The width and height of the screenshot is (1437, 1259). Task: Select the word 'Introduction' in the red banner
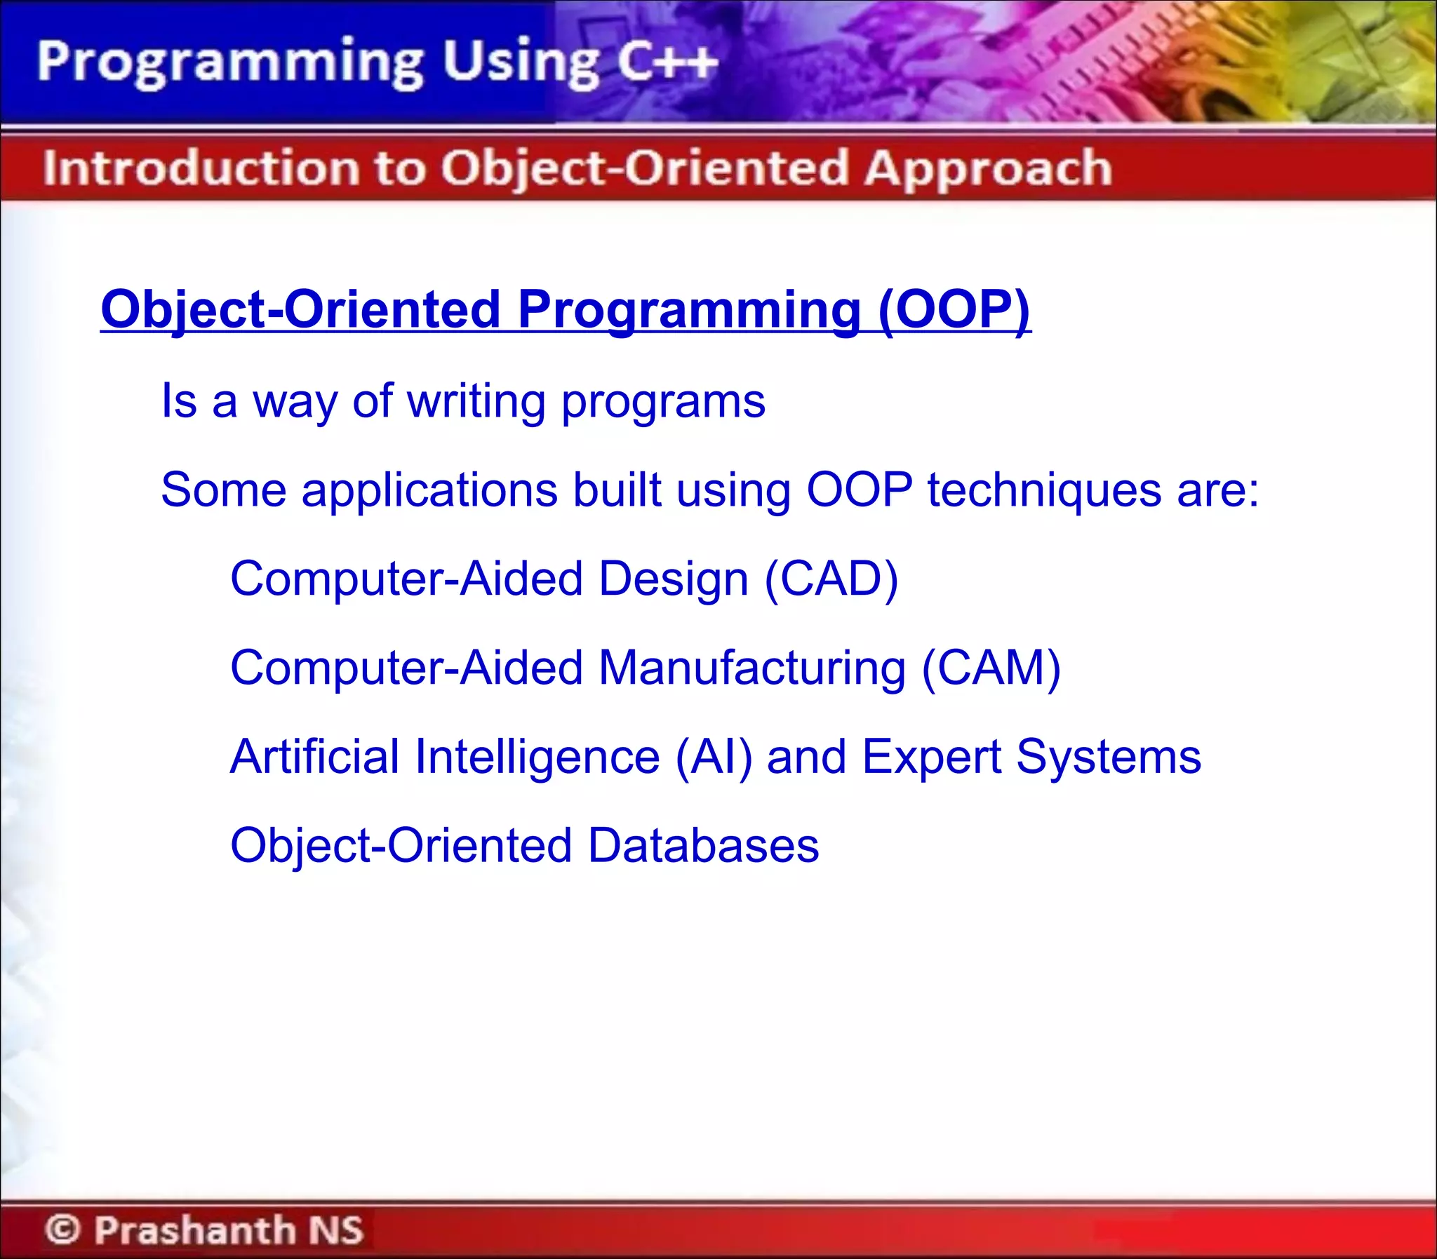click(x=199, y=168)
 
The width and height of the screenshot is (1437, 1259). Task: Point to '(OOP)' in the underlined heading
click(x=954, y=310)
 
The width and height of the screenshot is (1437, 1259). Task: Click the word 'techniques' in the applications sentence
click(x=1043, y=490)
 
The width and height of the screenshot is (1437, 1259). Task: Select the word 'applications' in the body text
click(x=429, y=491)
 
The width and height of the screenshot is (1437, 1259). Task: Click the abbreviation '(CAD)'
click(x=831, y=579)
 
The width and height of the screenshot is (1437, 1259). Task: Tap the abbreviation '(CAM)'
click(x=991, y=668)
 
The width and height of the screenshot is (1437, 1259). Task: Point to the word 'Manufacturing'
click(x=752, y=668)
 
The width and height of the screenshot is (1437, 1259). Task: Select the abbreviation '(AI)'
click(x=713, y=757)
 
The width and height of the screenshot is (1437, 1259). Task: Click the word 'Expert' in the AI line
click(x=931, y=758)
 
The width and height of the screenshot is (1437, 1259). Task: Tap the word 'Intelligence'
click(x=537, y=758)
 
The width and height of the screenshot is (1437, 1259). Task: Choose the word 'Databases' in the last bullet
click(x=702, y=845)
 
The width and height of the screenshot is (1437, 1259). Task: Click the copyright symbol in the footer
click(x=63, y=1230)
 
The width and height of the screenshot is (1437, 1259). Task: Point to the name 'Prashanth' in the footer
click(x=194, y=1230)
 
